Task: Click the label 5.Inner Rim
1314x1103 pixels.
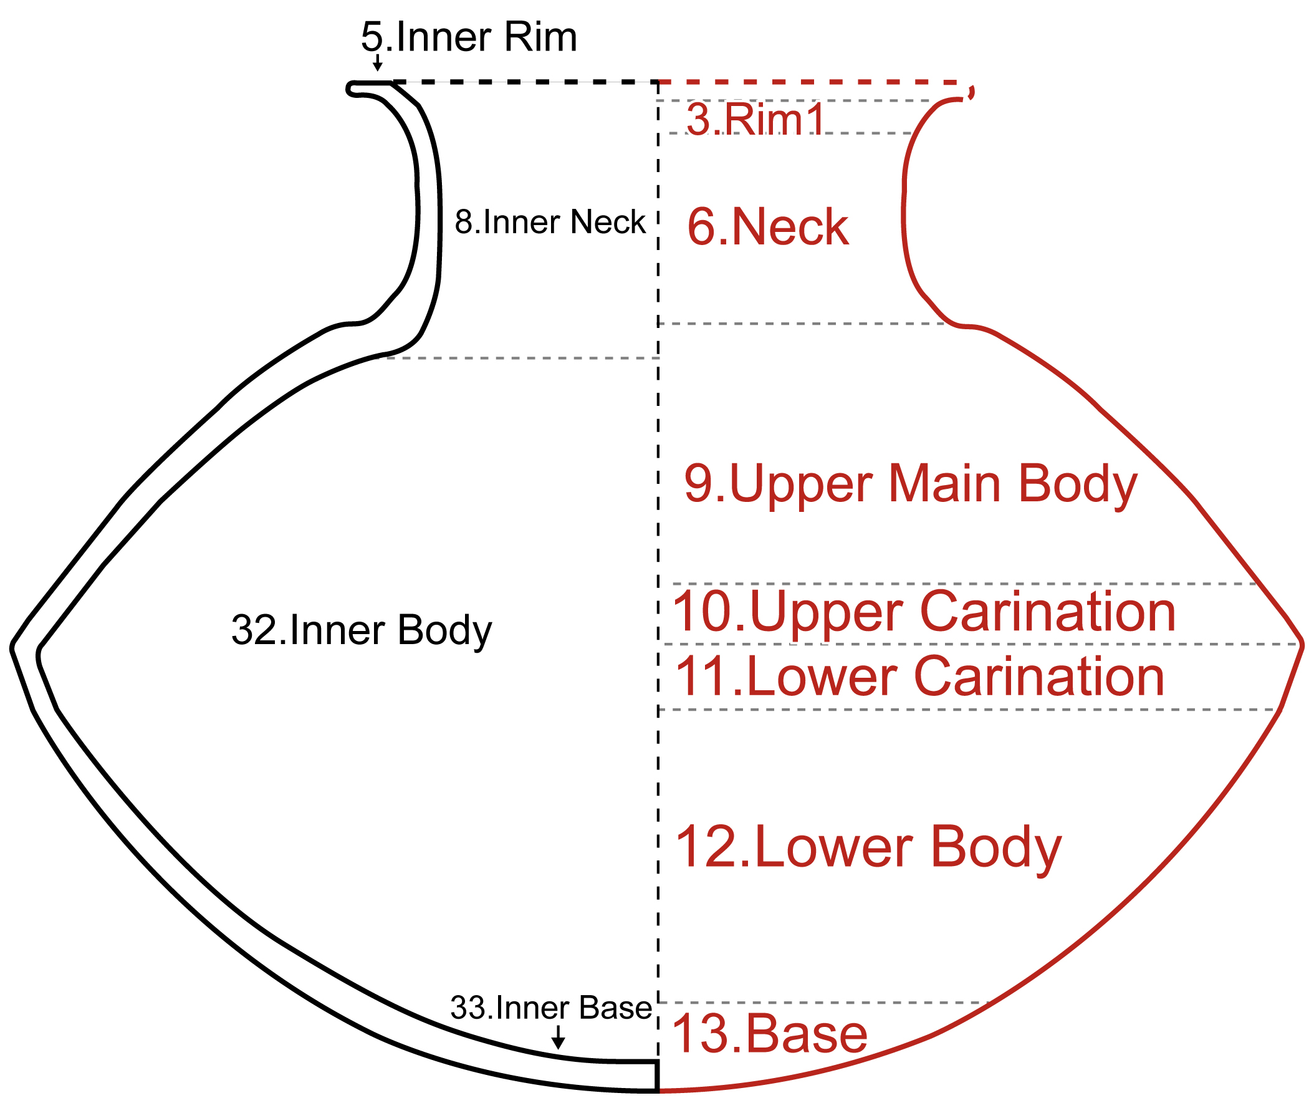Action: click(469, 37)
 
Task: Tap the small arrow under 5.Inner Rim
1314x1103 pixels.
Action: click(377, 62)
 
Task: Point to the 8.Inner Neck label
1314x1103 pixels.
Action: click(549, 222)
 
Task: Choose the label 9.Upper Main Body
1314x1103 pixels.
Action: click(910, 484)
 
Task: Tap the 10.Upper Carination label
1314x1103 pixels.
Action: click(924, 612)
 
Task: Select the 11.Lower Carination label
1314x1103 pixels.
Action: click(920, 677)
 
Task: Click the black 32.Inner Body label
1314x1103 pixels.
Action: click(362, 630)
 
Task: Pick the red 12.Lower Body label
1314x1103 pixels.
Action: click(868, 848)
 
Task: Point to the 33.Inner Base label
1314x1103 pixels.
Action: click(550, 1008)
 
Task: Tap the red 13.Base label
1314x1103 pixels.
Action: click(769, 1035)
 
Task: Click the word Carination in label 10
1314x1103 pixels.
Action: click(1048, 612)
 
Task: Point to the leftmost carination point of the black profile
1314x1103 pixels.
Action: click(13, 648)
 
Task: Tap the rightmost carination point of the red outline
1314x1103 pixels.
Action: click(1302, 644)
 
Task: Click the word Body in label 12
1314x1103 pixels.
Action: click(996, 848)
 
